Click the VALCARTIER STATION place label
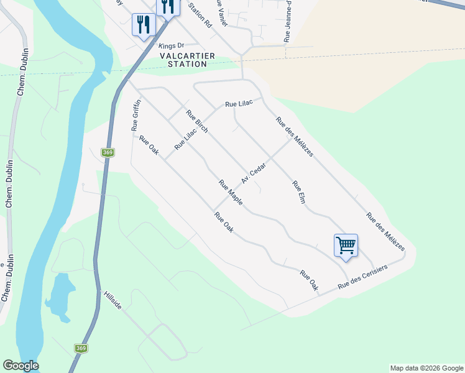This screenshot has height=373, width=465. (x=187, y=60)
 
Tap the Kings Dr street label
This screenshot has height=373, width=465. (x=172, y=46)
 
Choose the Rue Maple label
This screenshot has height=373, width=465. (x=230, y=193)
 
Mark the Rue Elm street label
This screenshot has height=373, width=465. (x=299, y=193)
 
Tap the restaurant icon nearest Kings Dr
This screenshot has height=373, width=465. (x=143, y=25)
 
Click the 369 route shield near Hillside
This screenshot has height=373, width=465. (x=81, y=349)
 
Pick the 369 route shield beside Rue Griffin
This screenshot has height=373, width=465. (x=108, y=152)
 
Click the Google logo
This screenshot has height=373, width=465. (x=21, y=366)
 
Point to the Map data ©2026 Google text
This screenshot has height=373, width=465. (x=426, y=368)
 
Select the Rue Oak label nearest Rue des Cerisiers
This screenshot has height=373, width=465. (x=309, y=280)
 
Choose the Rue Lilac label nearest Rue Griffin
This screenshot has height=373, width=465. (x=181, y=138)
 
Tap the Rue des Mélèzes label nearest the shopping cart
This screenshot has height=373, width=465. (x=385, y=232)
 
